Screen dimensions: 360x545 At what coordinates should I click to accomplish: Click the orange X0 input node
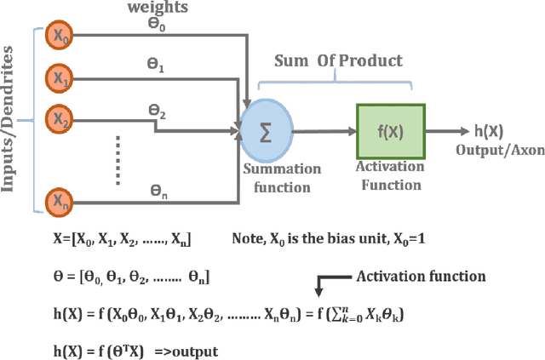coord(58,37)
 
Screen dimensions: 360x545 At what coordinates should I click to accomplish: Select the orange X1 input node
coord(58,77)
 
